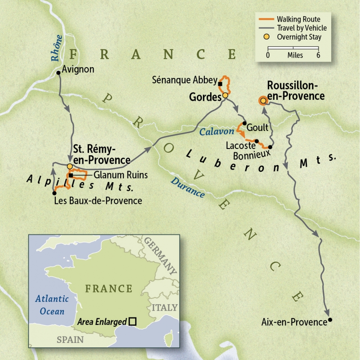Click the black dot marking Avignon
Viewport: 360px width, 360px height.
58,72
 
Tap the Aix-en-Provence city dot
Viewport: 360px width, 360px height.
330,320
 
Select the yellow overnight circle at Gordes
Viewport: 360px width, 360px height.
225,95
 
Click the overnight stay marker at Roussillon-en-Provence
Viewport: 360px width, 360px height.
262,101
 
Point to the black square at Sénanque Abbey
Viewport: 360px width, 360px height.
220,84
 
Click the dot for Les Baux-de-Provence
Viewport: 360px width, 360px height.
54,193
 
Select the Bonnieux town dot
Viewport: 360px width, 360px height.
270,147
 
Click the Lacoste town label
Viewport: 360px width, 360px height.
240,145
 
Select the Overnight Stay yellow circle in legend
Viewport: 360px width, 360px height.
267,37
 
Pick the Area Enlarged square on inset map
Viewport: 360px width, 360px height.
132,321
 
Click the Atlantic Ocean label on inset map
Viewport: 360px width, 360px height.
52,305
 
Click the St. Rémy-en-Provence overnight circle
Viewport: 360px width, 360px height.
70,166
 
